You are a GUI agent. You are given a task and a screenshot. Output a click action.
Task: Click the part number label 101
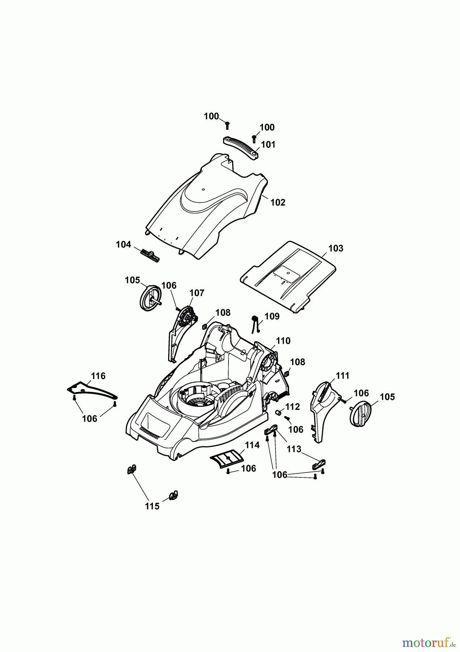coord(268,145)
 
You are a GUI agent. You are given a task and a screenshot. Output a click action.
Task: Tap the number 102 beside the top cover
coord(278,202)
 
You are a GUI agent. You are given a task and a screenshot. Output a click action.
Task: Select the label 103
coord(336,248)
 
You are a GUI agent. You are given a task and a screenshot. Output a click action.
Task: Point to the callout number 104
coord(123,244)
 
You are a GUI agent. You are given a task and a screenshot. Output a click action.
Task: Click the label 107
coord(197,293)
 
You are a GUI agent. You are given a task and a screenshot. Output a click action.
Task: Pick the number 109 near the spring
coord(272,316)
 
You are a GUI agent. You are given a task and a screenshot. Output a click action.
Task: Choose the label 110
coord(283,341)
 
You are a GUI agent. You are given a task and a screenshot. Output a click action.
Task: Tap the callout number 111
coord(342,376)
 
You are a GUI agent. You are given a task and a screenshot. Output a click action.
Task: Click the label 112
coord(293,407)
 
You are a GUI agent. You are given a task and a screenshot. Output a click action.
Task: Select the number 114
coord(252,445)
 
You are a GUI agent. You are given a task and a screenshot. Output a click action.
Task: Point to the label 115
coord(152,506)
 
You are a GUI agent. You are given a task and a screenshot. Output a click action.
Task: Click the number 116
coord(98,376)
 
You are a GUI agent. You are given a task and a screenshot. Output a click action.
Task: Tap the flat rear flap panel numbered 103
coord(286,275)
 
